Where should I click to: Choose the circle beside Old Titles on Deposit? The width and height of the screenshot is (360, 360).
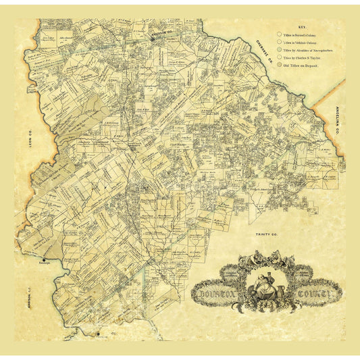point(278,69)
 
